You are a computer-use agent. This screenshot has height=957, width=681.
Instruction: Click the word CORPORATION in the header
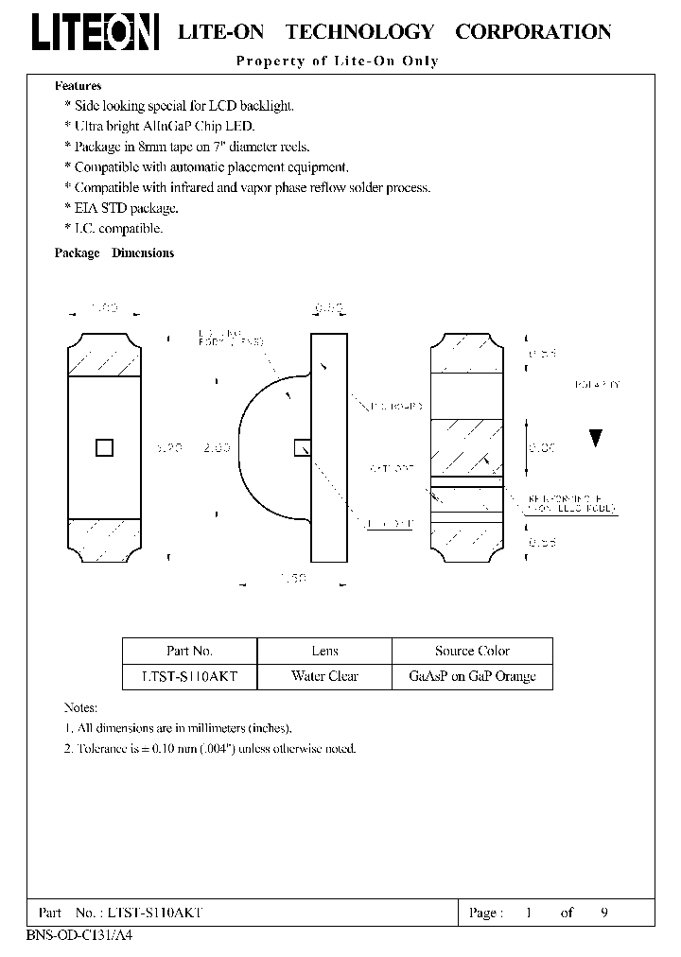533,32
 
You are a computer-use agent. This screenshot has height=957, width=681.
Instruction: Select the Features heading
78,86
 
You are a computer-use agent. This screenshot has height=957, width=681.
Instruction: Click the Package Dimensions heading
114,253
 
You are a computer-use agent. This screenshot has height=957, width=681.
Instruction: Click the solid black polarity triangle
595,438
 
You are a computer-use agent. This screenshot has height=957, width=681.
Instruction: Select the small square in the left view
105,447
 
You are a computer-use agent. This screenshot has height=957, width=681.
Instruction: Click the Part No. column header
189,651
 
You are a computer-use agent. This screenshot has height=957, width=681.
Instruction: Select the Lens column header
324,651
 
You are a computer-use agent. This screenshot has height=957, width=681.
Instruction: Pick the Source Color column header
472,651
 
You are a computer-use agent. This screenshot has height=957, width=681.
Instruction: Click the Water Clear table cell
324,676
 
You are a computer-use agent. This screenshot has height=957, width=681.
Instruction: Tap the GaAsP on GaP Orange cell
472,676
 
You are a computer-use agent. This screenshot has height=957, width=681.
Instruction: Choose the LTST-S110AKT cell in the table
189,676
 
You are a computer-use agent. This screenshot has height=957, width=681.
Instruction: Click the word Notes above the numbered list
80,707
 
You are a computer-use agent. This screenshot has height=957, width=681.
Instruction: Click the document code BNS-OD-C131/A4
74,933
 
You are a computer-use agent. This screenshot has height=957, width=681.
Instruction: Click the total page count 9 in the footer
603,913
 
